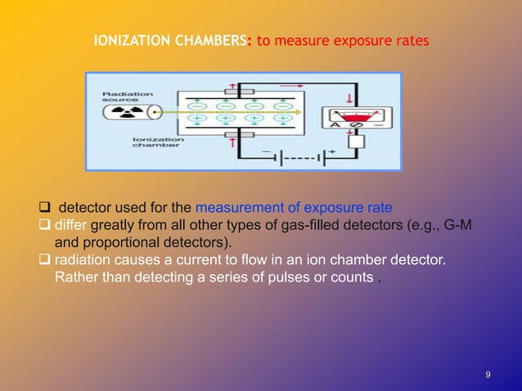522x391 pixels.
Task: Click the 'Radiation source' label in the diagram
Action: click(x=128, y=97)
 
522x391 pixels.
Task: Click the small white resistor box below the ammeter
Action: click(x=354, y=142)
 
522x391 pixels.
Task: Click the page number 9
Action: click(x=488, y=375)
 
